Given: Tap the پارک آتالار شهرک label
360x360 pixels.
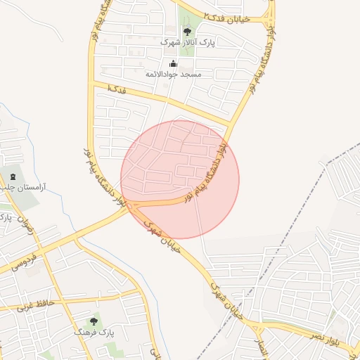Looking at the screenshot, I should point(179,42).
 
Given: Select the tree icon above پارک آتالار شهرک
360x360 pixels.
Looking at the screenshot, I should point(187,31).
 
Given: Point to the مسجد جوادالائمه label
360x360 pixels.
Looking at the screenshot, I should point(174,74).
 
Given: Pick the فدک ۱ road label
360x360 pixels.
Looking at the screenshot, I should point(117,89).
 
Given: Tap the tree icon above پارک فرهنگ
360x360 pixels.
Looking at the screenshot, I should point(94,321).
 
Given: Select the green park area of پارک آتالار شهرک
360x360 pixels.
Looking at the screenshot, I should point(188,46).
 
